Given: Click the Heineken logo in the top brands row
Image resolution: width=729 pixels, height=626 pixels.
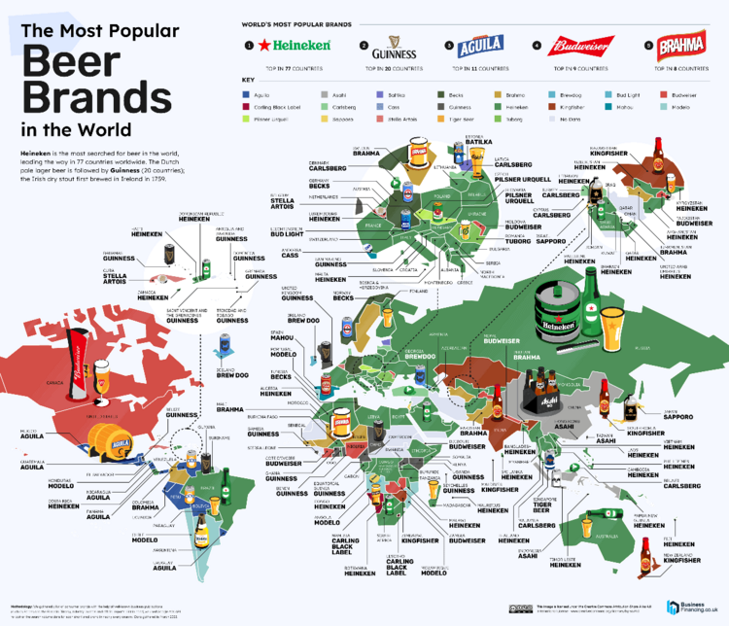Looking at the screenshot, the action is pyautogui.click(x=299, y=45).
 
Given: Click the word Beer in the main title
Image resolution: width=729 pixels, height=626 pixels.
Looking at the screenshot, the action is pyautogui.click(x=74, y=63).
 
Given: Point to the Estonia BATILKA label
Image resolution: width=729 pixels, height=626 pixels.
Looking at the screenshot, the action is pyautogui.click(x=480, y=141).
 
